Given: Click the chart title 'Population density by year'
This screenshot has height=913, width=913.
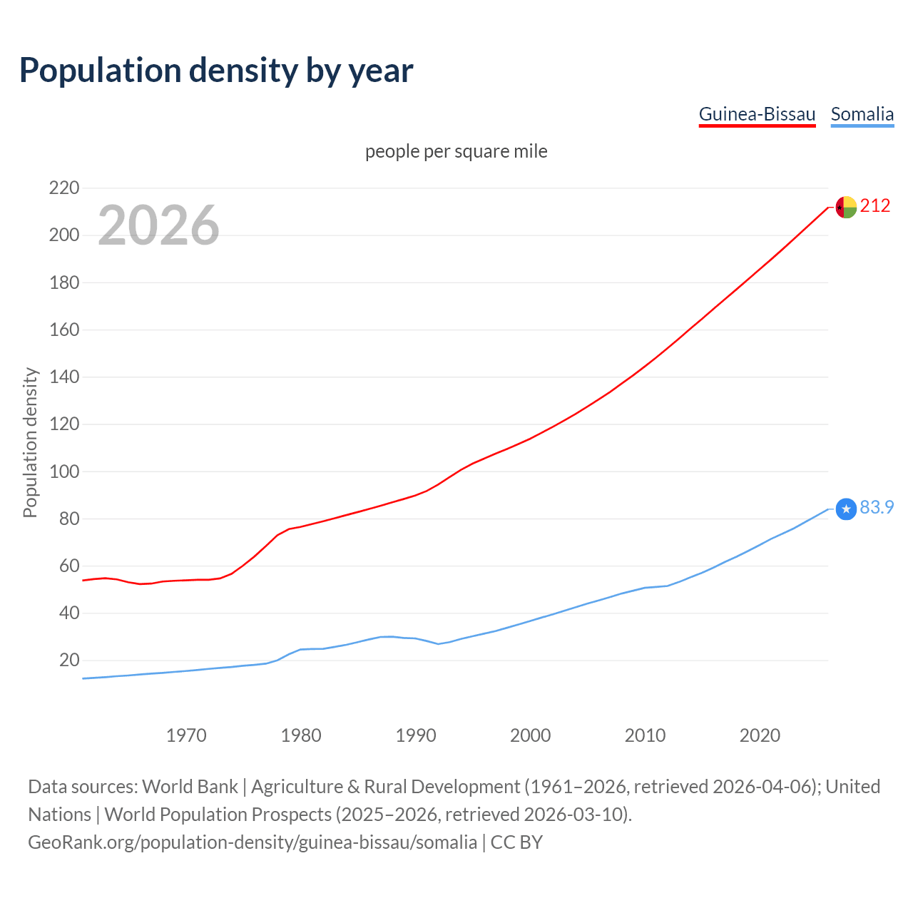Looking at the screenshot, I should tap(216, 71).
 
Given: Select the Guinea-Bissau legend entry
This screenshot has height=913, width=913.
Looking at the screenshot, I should tap(757, 114).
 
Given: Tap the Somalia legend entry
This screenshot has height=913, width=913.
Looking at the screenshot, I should tap(862, 114).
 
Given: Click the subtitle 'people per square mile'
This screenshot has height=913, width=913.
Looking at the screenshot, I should tap(456, 151).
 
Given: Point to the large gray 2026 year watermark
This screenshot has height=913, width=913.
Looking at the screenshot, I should tap(158, 225).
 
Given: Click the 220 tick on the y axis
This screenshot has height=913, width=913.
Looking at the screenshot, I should tap(63, 188).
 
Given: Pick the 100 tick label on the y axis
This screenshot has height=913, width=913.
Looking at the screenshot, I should tap(63, 471).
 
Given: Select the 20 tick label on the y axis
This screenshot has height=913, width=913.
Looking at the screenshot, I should tap(68, 660).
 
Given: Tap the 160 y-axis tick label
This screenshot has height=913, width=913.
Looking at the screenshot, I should tap(63, 330).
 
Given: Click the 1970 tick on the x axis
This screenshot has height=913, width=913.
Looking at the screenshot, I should tap(186, 735).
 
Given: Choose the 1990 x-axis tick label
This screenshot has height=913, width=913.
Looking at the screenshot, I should tap(416, 735).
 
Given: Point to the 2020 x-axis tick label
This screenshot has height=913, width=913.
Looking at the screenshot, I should tap(760, 735).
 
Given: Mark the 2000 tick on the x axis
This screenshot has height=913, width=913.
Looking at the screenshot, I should tap(530, 735).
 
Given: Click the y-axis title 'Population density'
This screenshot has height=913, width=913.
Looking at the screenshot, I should tap(30, 442).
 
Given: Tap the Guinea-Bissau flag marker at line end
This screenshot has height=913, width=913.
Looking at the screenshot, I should tap(845, 207).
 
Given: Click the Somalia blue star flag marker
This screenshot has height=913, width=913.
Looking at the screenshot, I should tap(845, 509).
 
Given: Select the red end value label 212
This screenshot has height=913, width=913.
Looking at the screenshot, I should tap(875, 206).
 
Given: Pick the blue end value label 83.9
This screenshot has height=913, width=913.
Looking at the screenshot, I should tap(877, 507).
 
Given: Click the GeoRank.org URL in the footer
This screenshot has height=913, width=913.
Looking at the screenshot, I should tap(253, 842).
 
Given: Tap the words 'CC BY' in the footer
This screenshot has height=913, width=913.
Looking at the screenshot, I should tap(516, 842).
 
